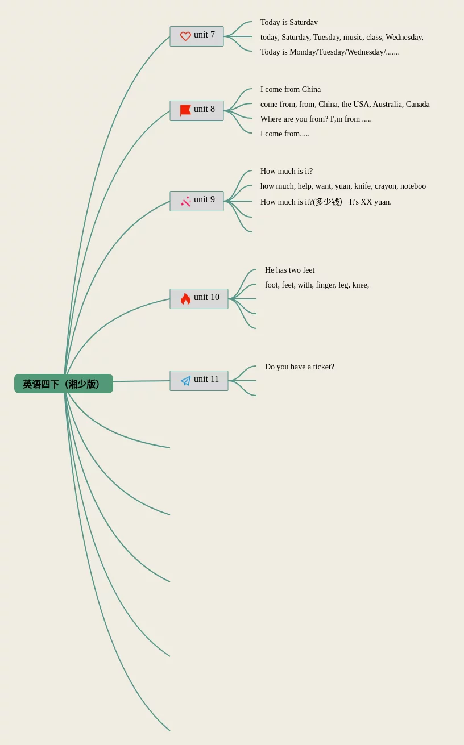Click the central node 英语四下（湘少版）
pyautogui.click(x=63, y=384)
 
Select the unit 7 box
pyautogui.click(x=197, y=36)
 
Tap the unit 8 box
pyautogui.click(x=197, y=110)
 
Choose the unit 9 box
pyautogui.click(x=197, y=201)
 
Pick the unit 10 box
pyautogui.click(x=199, y=298)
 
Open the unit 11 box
pyautogui.click(x=199, y=380)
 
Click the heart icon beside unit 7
pyautogui.click(x=185, y=36)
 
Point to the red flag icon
pyautogui.click(x=185, y=110)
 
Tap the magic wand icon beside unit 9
pyautogui.click(x=185, y=201)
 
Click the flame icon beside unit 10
pyautogui.click(x=185, y=299)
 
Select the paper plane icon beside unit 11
pyautogui.click(x=185, y=381)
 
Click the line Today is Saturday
pyautogui.click(x=289, y=23)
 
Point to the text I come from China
pyautogui.click(x=291, y=90)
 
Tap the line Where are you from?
pyautogui.click(x=294, y=119)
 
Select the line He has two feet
pyautogui.click(x=289, y=270)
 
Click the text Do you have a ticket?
pyautogui.click(x=300, y=367)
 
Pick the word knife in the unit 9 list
pyautogui.click(x=362, y=186)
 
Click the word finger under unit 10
pyautogui.click(x=325, y=285)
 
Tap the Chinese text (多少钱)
pyautogui.click(x=328, y=202)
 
